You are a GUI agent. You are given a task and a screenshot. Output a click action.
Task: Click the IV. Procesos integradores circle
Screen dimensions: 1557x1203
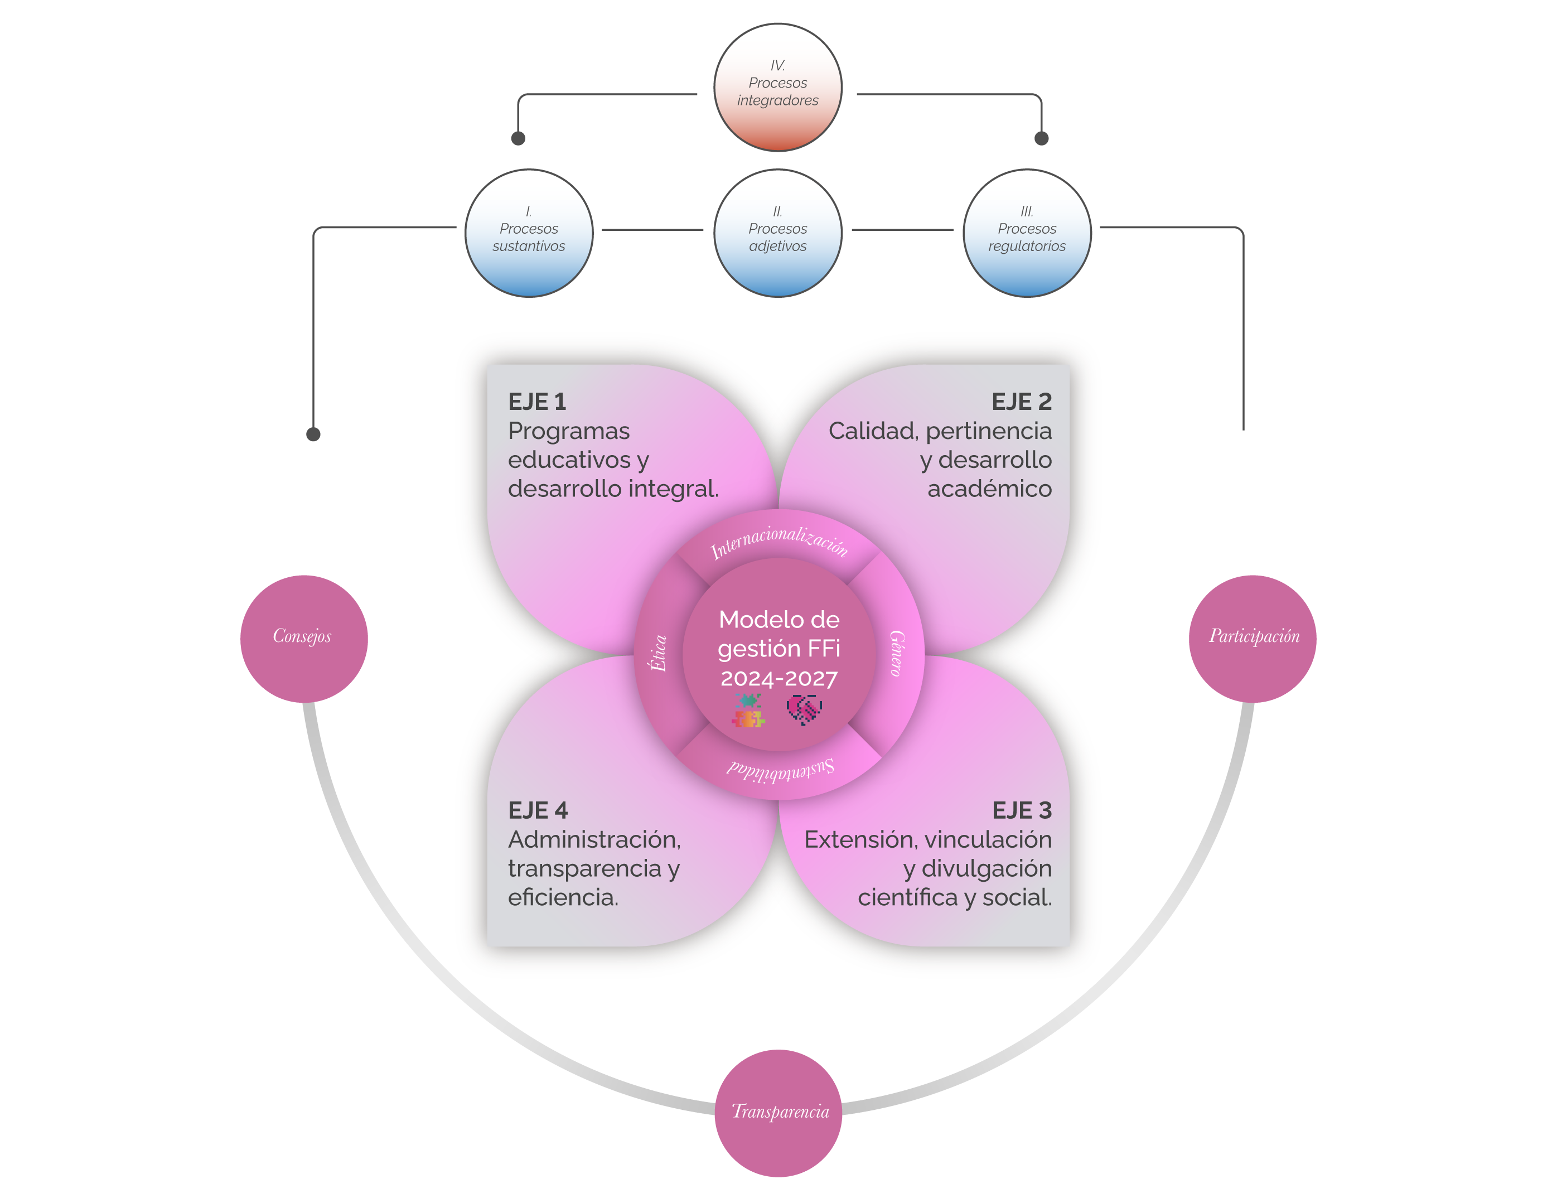point(778,87)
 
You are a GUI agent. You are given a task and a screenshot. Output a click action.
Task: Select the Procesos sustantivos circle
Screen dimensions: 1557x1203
point(529,233)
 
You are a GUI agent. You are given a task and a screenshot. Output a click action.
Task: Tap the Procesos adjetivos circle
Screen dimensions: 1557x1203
point(778,233)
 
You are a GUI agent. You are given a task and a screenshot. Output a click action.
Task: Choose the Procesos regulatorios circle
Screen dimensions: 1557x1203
point(1027,233)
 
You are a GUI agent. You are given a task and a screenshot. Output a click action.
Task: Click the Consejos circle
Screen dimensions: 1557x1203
point(304,639)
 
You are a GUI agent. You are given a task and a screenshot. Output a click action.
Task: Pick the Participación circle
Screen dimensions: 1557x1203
point(1253,639)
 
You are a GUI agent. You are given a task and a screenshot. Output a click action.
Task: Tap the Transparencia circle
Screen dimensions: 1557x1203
point(778,1113)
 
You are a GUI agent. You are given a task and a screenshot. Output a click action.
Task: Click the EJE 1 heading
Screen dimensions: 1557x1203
point(537,402)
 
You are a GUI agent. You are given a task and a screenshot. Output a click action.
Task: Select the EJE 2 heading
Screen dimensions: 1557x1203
point(1022,402)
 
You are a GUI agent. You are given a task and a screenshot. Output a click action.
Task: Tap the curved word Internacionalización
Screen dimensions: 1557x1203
point(779,540)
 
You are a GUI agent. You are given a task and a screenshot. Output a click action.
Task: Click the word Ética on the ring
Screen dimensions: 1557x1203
point(658,653)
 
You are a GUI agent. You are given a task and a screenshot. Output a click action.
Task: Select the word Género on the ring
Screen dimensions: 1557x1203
point(897,653)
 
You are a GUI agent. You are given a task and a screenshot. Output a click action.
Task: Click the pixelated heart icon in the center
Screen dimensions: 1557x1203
point(805,709)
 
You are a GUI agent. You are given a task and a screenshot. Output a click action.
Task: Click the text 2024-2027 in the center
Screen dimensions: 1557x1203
point(779,678)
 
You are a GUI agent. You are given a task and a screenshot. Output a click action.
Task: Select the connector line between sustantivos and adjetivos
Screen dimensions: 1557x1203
point(652,230)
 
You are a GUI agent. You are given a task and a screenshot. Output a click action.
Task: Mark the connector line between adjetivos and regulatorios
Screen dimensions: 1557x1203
point(902,230)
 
